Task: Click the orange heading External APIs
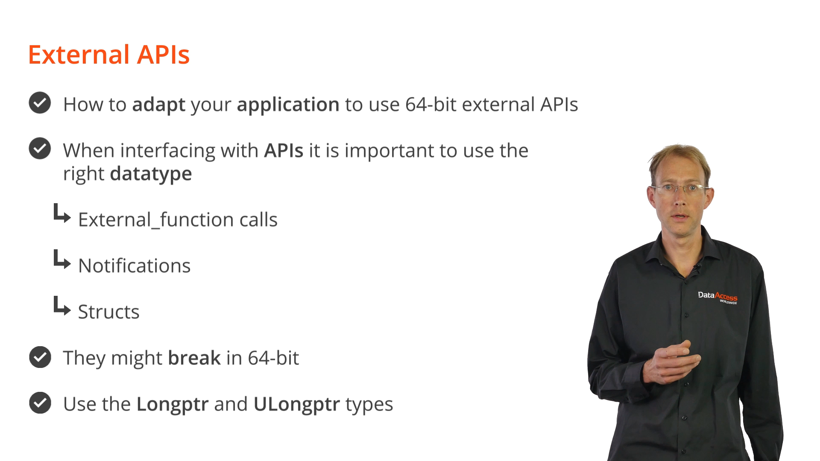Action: (x=109, y=55)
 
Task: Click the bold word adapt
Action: (x=159, y=105)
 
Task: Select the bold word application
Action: (x=288, y=105)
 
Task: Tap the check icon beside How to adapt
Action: (x=40, y=103)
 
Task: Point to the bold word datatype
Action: (x=151, y=174)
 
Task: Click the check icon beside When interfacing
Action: (x=40, y=149)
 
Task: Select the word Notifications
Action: (x=135, y=266)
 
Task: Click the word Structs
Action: (x=109, y=312)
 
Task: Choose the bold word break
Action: (x=194, y=358)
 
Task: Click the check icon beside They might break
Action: (x=40, y=357)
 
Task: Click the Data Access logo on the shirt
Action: (x=717, y=297)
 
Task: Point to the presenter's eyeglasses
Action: (x=680, y=188)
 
